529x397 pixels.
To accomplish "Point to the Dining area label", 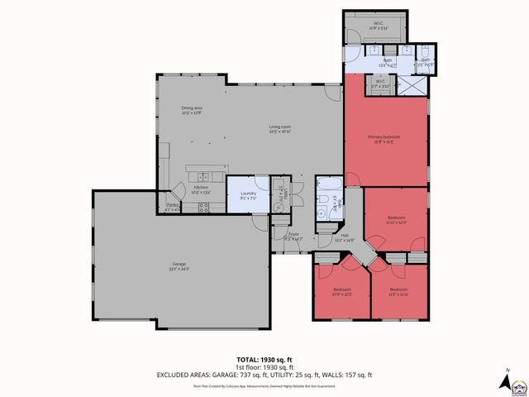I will pos(193,111).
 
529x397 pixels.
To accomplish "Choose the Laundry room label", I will pos(247,195).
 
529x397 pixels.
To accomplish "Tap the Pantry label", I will pos(173,206).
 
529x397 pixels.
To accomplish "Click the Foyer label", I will pos(293,237).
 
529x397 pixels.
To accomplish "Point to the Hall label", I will pos(346,237).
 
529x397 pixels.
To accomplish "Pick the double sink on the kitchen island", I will pos(203,175).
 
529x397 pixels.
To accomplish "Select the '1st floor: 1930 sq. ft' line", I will pos(264,368).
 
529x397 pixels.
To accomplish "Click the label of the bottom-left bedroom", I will pos(341,290).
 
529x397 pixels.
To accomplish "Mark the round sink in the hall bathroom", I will pos(321,213).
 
